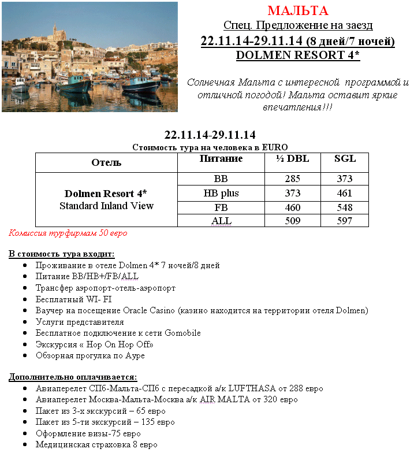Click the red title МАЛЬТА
[x=298, y=11]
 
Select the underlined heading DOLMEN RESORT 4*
[x=298, y=55]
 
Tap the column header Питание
[x=220, y=159]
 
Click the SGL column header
[x=345, y=159]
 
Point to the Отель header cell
[x=106, y=162]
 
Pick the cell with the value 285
[x=292, y=179]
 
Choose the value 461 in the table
[x=345, y=193]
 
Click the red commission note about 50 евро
[x=68, y=233]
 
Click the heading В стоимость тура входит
[x=61, y=254]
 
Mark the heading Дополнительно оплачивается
[x=72, y=377]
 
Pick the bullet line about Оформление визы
[x=88, y=433]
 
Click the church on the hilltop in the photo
[x=57, y=31]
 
